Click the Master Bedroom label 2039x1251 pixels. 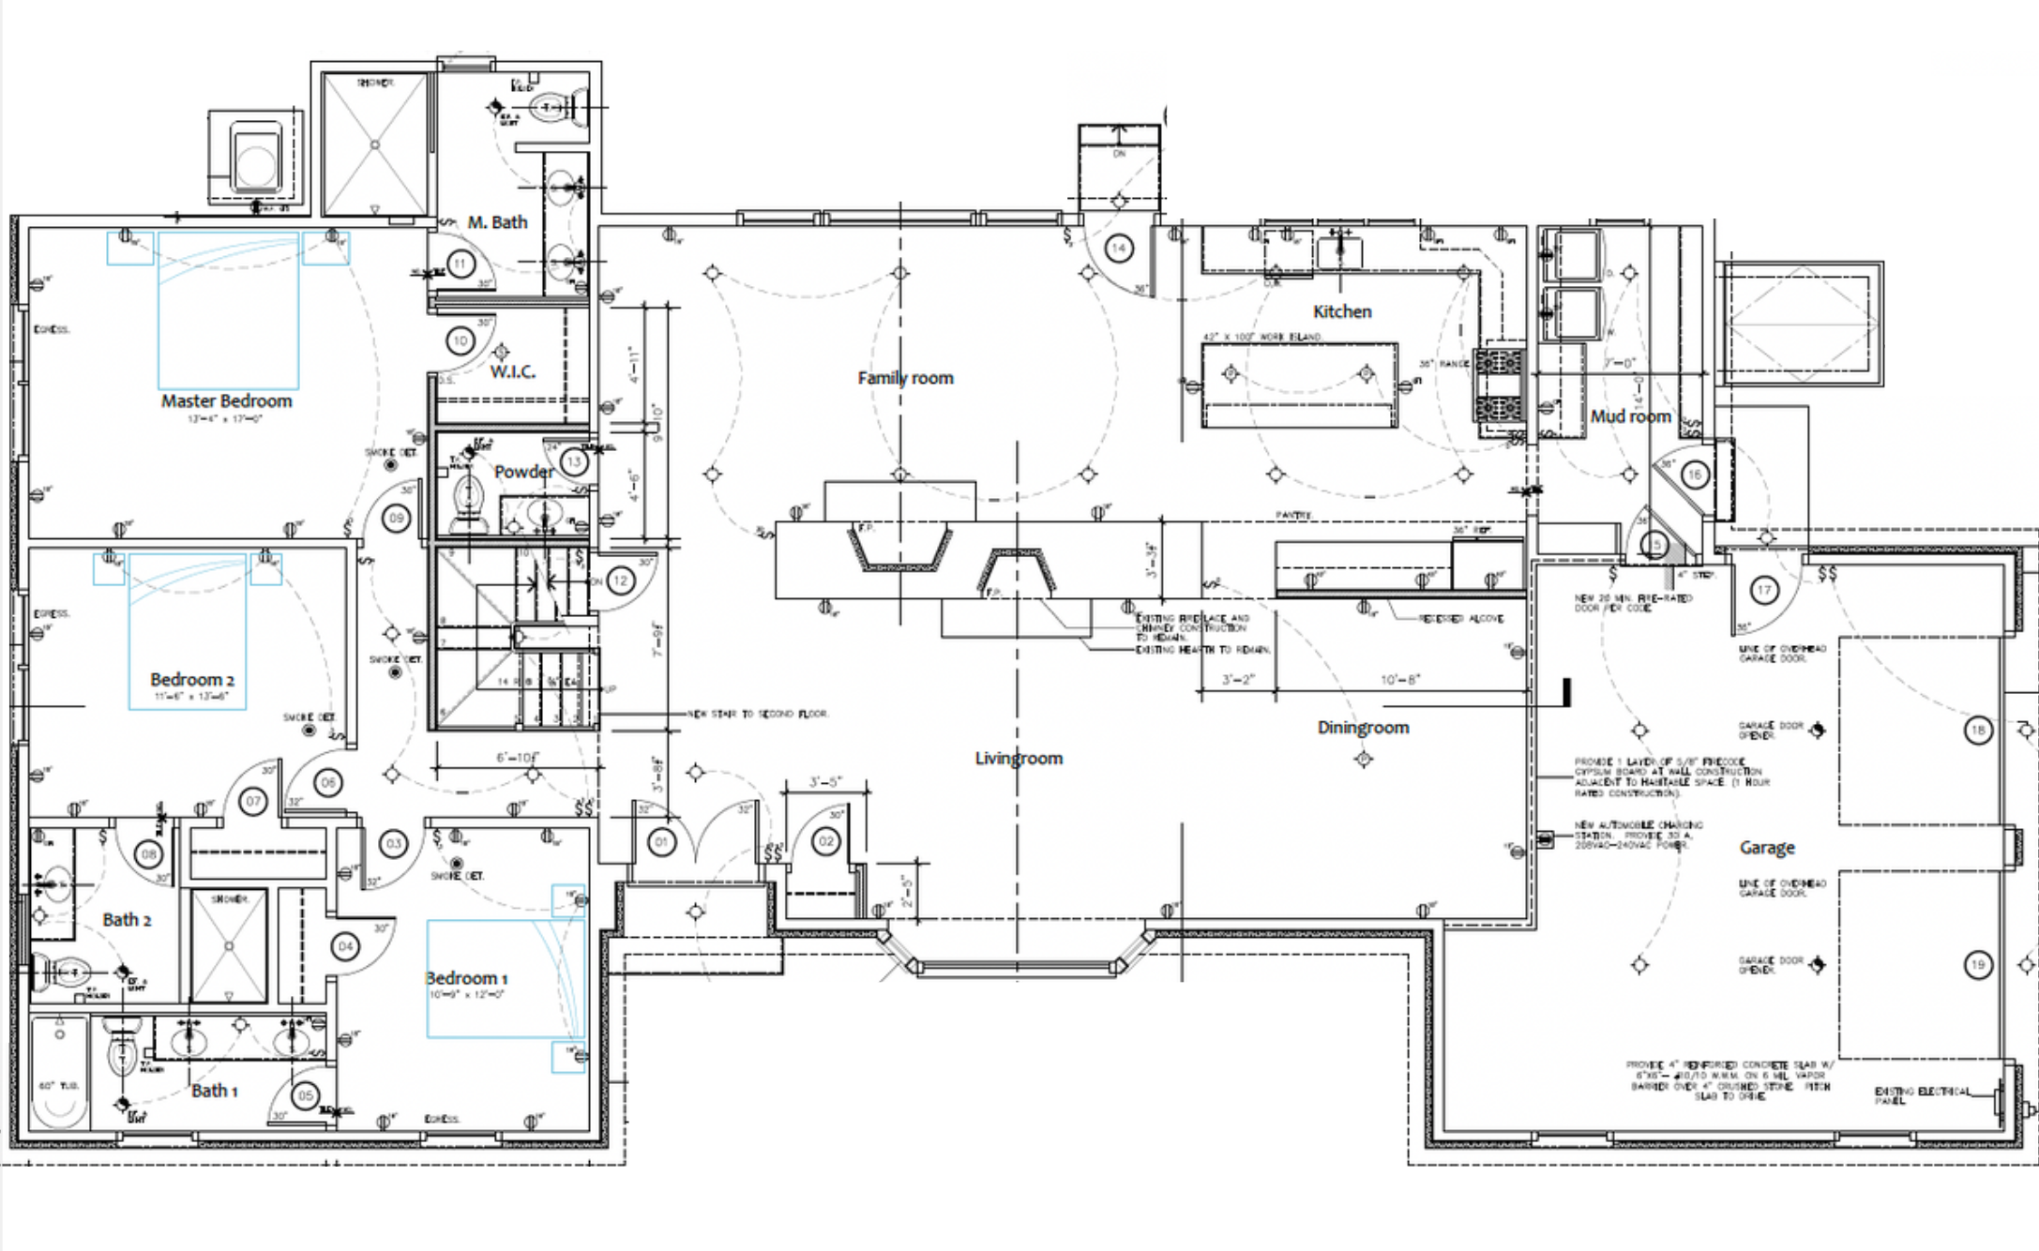(x=226, y=401)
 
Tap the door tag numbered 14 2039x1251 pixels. (x=1118, y=249)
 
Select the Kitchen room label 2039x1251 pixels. (x=1341, y=311)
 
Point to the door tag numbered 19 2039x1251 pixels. (x=1977, y=964)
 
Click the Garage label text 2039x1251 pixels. (x=1767, y=848)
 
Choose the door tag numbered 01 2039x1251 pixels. (x=661, y=842)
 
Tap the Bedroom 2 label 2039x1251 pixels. (x=191, y=680)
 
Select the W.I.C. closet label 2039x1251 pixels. (x=512, y=372)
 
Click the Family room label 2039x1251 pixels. (x=905, y=378)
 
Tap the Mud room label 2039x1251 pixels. (x=1630, y=416)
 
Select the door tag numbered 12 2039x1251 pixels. (x=620, y=580)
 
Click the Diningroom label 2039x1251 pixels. (x=1363, y=728)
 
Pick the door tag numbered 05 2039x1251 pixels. (x=306, y=1095)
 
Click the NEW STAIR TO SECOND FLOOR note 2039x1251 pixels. (x=758, y=715)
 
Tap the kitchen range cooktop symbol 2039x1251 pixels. (x=1499, y=386)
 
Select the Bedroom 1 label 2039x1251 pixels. (x=466, y=978)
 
